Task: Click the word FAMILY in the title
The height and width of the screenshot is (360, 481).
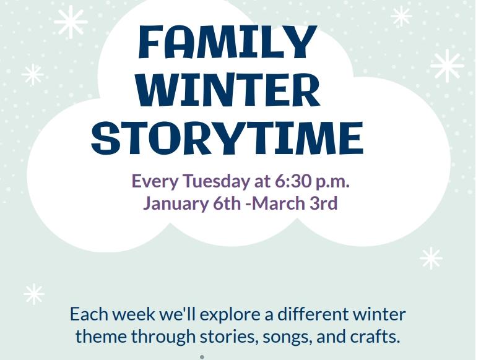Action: (227, 42)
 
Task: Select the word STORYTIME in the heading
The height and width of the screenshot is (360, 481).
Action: (227, 137)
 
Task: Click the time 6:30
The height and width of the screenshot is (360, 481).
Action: (291, 182)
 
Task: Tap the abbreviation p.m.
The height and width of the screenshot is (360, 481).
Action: (332, 182)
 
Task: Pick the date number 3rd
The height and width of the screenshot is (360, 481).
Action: (323, 203)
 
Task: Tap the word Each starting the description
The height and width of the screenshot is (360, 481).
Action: (89, 314)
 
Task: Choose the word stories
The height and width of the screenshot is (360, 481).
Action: (228, 336)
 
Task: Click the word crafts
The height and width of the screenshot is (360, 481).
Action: (377, 336)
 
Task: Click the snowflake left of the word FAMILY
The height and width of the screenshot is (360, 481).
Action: (70, 22)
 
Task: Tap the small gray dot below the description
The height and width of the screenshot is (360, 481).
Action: (202, 357)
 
